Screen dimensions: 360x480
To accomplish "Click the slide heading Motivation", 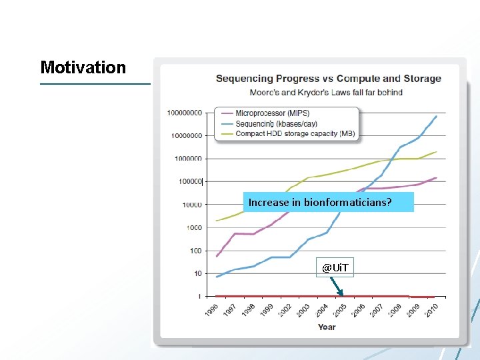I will [x=83, y=67].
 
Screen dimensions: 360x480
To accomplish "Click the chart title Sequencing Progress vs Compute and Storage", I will [x=328, y=79].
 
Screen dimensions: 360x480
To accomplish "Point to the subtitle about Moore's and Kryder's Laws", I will [x=326, y=92].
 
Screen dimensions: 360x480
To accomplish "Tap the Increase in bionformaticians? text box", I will [x=329, y=202].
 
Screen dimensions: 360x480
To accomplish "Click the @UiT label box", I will [x=335, y=267].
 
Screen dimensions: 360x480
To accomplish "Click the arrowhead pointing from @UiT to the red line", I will [x=341, y=293].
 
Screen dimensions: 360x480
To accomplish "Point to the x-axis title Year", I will [x=327, y=327].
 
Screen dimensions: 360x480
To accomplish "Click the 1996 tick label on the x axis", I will [x=211, y=311].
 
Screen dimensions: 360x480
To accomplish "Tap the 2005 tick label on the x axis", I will [x=339, y=311].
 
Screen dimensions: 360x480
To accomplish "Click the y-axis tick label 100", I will [x=195, y=251].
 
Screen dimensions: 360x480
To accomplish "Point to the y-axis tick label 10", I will [x=197, y=273].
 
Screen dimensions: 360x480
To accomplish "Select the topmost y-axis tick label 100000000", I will [x=185, y=113].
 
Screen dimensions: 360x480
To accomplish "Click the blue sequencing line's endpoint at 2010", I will [x=437, y=116].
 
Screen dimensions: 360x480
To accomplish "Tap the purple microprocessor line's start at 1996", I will [x=217, y=256].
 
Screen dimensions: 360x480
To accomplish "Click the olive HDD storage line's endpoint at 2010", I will [x=437, y=152].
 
